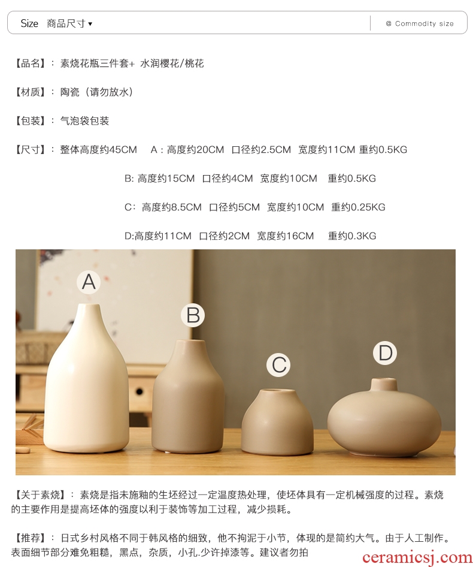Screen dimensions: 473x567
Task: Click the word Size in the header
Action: pos(29,23)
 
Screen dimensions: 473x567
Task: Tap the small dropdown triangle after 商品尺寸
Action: pos(90,24)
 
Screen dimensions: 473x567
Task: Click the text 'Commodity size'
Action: pos(425,23)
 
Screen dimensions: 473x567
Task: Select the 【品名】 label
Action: pos(30,64)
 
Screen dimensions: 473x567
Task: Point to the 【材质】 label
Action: pos(30,92)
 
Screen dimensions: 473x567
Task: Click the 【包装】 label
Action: pos(30,121)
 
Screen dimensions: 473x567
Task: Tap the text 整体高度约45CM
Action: pos(98,150)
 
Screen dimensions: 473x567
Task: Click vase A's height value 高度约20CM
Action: pos(195,150)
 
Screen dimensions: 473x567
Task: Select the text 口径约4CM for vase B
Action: pos(228,178)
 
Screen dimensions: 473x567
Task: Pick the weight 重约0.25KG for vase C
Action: pos(358,207)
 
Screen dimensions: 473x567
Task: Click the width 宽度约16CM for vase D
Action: pos(285,236)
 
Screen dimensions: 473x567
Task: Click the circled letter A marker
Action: pos(89,282)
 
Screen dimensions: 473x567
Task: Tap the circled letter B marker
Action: pos(193,315)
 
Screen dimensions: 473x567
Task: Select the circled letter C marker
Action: pos(278,365)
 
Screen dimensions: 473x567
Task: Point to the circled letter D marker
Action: pos(385,353)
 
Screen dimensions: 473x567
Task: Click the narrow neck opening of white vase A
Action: pos(89,306)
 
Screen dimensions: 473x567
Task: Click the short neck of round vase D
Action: pos(384,385)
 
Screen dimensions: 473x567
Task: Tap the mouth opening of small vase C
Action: pos(277,391)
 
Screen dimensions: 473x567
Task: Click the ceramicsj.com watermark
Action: pos(417,557)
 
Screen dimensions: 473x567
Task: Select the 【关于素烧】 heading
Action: pos(40,494)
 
